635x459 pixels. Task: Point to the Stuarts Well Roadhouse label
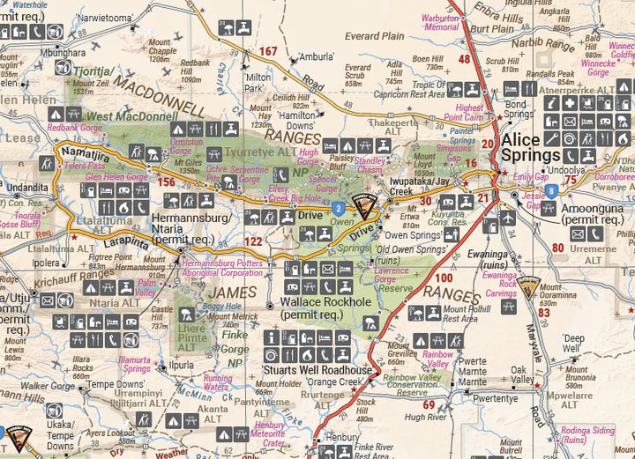point(317,370)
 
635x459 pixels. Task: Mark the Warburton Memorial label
point(440,22)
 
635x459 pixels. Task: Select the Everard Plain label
point(374,36)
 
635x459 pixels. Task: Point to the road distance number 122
point(253,240)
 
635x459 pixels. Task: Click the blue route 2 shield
point(338,207)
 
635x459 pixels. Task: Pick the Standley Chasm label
point(370,166)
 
